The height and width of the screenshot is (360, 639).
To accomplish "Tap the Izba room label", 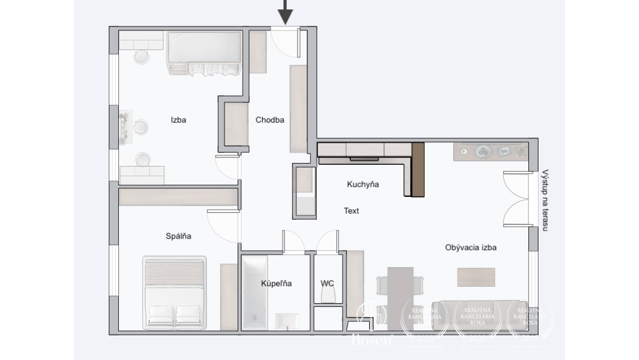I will [x=178, y=120].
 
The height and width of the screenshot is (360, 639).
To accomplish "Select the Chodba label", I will [x=270, y=120].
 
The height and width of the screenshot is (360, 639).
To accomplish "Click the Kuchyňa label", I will [x=363, y=185].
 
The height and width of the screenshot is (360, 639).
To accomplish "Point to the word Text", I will [x=351, y=211].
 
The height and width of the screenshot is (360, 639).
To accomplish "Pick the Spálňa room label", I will [x=178, y=236].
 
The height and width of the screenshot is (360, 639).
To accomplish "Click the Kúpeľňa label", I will [x=276, y=284].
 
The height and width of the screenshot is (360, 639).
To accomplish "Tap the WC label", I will [x=327, y=284].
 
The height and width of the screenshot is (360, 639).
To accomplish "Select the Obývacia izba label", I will [x=470, y=248].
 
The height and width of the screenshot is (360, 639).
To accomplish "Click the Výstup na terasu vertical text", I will [x=545, y=200].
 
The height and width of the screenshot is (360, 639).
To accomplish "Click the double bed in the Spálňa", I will [x=175, y=292].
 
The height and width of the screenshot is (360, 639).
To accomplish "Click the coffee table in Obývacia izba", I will [x=476, y=277].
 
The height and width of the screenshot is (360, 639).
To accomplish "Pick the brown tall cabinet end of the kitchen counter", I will [x=417, y=169].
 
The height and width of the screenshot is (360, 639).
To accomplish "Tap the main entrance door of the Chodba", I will [x=285, y=41].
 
